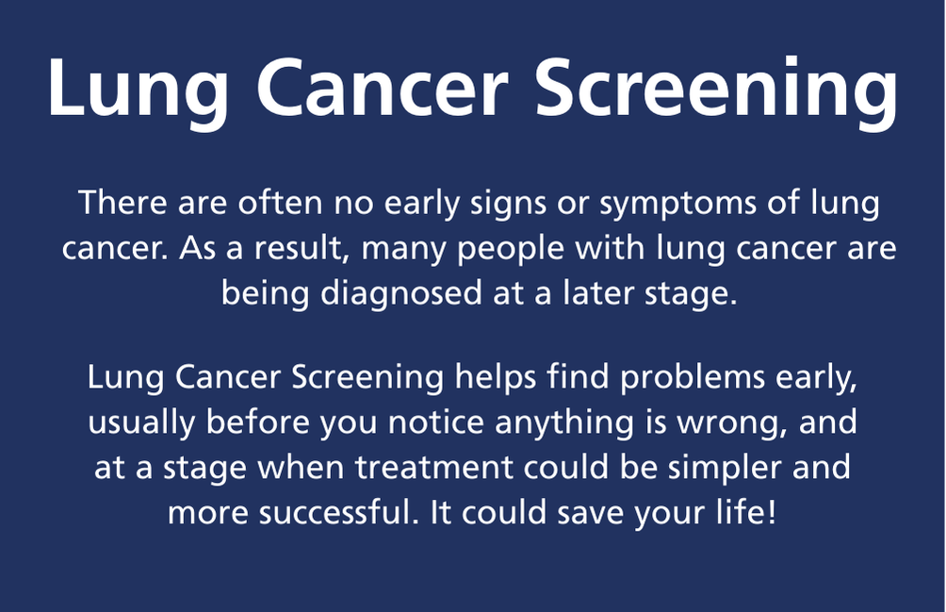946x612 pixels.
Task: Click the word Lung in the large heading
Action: pyautogui.click(x=139, y=90)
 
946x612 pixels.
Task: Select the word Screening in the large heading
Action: pyautogui.click(x=717, y=90)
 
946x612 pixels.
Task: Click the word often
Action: pyautogui.click(x=280, y=202)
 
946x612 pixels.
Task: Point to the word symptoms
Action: pyautogui.click(x=677, y=205)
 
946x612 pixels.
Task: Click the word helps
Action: pyautogui.click(x=496, y=379)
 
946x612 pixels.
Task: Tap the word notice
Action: pyautogui.click(x=435, y=422)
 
